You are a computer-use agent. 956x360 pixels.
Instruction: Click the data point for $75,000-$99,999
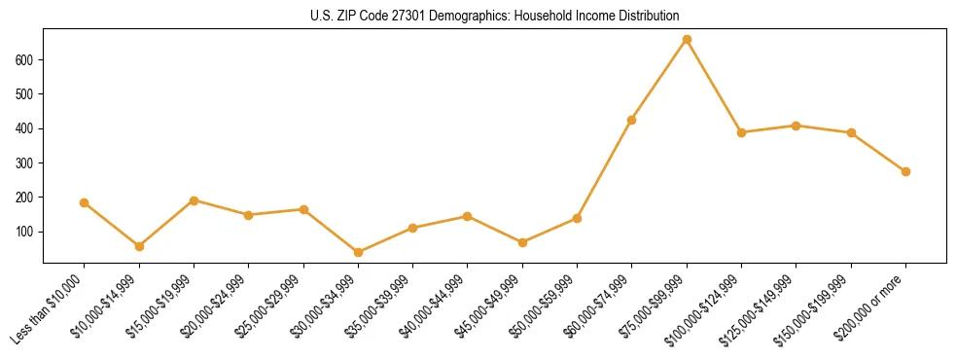pos(687,40)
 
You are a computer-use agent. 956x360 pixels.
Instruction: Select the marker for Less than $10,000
pos(85,202)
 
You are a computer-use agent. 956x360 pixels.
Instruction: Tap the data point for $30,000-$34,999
pos(359,252)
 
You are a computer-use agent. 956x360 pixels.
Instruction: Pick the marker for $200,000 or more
pos(905,171)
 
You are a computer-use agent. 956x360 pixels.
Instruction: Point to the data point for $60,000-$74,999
pos(632,120)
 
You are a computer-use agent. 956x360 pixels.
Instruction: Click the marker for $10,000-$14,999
pos(139,246)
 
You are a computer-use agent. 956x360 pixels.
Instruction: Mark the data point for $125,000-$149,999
pos(797,126)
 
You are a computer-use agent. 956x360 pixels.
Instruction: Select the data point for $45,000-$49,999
pos(522,242)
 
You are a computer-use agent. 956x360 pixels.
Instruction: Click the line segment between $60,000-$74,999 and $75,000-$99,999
pos(659,80)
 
